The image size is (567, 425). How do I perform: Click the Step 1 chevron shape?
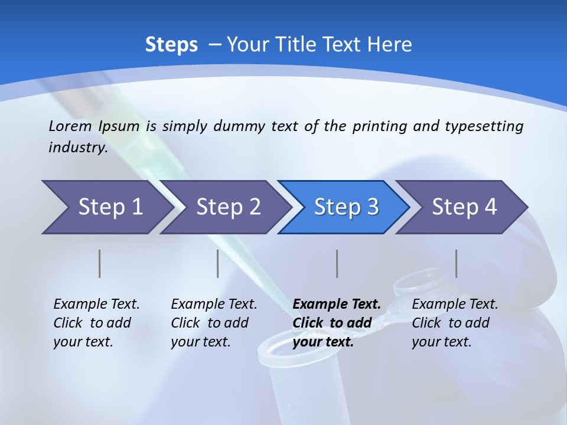(x=106, y=207)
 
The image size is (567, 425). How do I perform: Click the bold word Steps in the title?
(x=171, y=45)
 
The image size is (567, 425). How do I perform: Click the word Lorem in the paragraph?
(x=70, y=126)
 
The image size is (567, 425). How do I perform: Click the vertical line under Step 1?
(x=99, y=263)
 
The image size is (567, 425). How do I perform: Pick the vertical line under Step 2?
(x=217, y=263)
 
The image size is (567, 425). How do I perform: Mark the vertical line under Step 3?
(x=337, y=263)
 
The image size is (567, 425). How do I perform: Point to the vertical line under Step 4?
(x=456, y=263)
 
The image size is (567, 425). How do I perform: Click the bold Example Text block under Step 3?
(x=336, y=323)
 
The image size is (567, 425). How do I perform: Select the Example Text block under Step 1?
(x=96, y=323)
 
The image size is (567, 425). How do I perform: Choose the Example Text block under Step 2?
(x=214, y=323)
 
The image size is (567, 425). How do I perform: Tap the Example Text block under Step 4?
(x=455, y=323)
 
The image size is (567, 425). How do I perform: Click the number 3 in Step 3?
(x=372, y=207)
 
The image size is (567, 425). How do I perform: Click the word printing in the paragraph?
(x=380, y=126)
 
